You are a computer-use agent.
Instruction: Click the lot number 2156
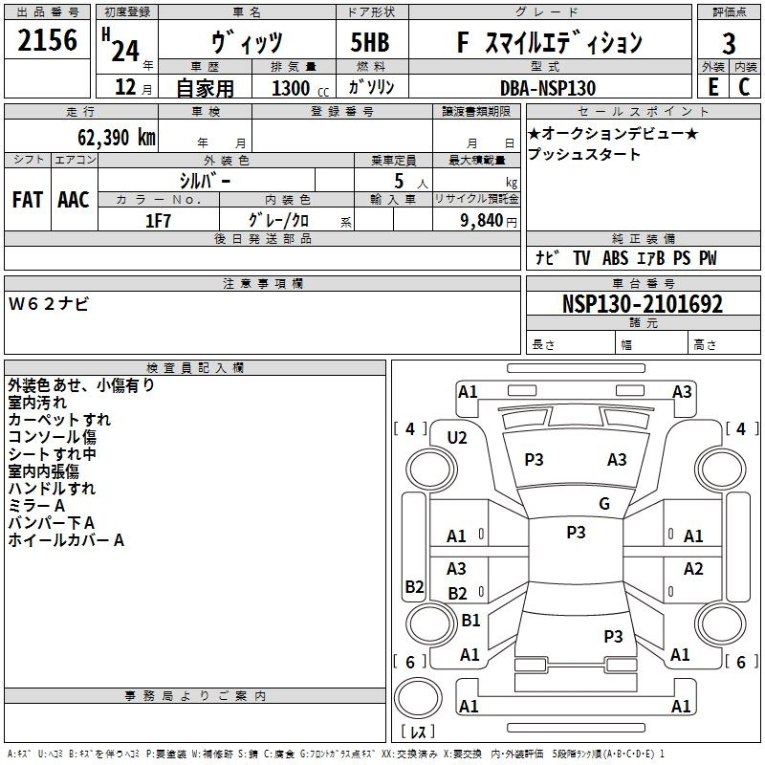(x=47, y=40)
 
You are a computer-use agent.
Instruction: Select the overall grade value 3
(x=729, y=44)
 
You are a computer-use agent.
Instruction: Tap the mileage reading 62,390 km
(x=116, y=137)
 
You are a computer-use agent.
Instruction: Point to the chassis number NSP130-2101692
(x=642, y=304)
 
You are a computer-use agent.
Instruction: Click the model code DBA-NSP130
(x=548, y=88)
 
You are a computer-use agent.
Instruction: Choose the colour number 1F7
(x=158, y=221)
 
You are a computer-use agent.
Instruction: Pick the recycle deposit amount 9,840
(x=482, y=220)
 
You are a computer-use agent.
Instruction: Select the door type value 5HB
(x=370, y=42)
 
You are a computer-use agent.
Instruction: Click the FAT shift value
(x=28, y=200)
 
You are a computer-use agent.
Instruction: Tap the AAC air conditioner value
(x=74, y=200)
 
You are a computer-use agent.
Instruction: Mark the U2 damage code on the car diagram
(x=457, y=438)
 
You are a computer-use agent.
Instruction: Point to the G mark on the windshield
(x=604, y=503)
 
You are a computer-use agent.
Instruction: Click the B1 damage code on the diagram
(x=470, y=620)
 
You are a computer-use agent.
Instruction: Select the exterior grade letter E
(x=712, y=87)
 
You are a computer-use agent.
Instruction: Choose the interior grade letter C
(x=744, y=87)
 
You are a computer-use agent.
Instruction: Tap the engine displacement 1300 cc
(x=300, y=88)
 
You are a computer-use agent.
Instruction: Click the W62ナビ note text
(x=49, y=304)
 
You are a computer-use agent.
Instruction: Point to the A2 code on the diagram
(x=693, y=568)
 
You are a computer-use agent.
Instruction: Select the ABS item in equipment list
(x=615, y=257)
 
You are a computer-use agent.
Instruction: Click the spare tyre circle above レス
(x=418, y=697)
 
